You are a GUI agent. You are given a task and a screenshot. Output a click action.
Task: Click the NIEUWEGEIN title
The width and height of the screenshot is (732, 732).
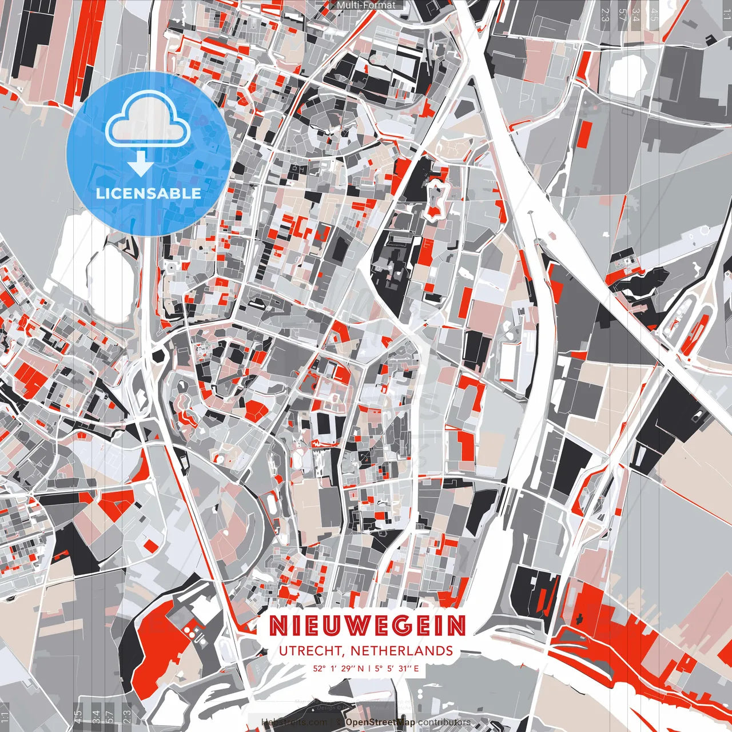[x=367, y=626]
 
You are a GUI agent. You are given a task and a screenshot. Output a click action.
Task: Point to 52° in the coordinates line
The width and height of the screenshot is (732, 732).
[x=319, y=668]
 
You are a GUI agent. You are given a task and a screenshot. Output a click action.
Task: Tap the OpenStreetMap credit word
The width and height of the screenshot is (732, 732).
[x=380, y=722]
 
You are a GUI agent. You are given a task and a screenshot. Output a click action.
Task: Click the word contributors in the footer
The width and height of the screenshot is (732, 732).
[x=444, y=722]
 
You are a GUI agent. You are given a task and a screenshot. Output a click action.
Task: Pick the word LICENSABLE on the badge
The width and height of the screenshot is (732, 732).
[x=149, y=193]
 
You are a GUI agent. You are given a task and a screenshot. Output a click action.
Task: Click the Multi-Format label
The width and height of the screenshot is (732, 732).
[x=366, y=5]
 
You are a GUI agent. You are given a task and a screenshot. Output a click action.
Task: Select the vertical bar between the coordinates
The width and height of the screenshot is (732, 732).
[x=369, y=668]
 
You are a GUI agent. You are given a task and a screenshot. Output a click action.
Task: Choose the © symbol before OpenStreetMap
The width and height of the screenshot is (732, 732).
[x=340, y=722]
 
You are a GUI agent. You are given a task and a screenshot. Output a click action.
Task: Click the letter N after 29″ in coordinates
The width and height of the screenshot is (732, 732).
[x=360, y=668]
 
